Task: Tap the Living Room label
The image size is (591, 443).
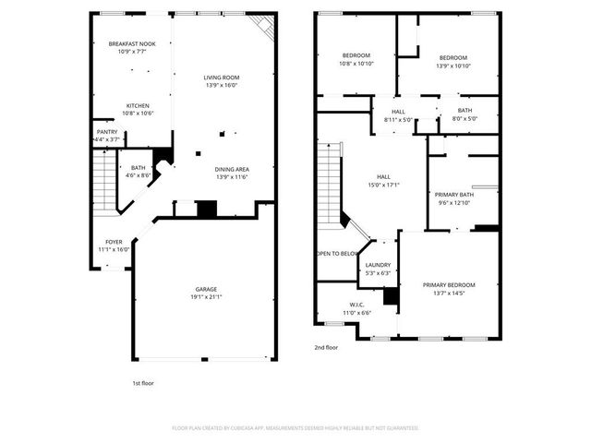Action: click(x=222, y=77)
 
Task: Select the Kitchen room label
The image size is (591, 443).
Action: click(x=138, y=105)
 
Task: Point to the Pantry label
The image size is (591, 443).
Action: click(x=107, y=131)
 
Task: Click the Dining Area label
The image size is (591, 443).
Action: click(x=232, y=169)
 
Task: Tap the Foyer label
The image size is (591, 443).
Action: click(x=114, y=242)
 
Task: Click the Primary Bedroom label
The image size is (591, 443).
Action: click(x=449, y=284)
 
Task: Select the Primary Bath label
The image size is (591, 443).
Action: click(x=454, y=194)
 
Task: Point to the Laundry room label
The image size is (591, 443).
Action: click(x=379, y=265)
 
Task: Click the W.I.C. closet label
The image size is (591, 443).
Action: click(x=357, y=305)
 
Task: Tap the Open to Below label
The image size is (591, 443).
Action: click(x=337, y=253)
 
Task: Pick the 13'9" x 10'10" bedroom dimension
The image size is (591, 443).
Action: click(x=452, y=66)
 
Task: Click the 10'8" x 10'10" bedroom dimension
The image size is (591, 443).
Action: click(x=356, y=64)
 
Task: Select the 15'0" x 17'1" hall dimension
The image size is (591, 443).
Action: click(x=383, y=185)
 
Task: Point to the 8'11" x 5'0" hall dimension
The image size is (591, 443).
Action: click(x=399, y=119)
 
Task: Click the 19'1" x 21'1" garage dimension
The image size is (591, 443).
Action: click(x=206, y=297)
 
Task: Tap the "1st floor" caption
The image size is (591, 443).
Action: click(x=143, y=381)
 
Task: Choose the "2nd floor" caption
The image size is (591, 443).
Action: click(x=327, y=347)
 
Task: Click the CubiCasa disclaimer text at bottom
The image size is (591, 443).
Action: click(x=295, y=428)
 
